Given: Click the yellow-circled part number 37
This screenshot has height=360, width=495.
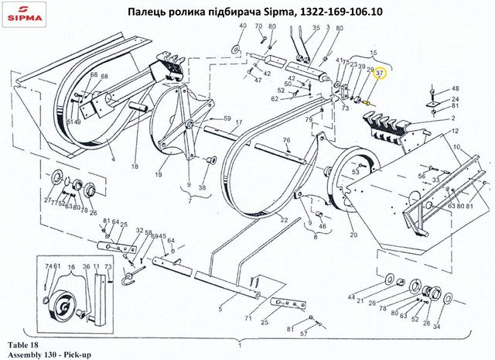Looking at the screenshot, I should pyautogui.click(x=380, y=74).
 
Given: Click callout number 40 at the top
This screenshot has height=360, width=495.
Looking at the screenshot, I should pyautogui.click(x=241, y=27).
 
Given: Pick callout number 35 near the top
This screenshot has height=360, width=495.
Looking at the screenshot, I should pyautogui.click(x=315, y=27).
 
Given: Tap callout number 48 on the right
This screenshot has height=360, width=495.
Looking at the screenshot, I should pyautogui.click(x=456, y=89).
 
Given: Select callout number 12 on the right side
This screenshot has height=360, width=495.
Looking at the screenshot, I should pyautogui.click(x=454, y=132).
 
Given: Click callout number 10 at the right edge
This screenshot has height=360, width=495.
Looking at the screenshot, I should pyautogui.click(x=457, y=146).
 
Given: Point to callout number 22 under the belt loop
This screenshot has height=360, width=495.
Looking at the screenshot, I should pyautogui.click(x=284, y=221).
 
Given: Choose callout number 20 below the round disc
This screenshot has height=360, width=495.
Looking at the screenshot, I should pyautogui.click(x=353, y=235).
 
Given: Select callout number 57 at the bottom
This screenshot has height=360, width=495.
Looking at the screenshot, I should pyautogui.click(x=305, y=334).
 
